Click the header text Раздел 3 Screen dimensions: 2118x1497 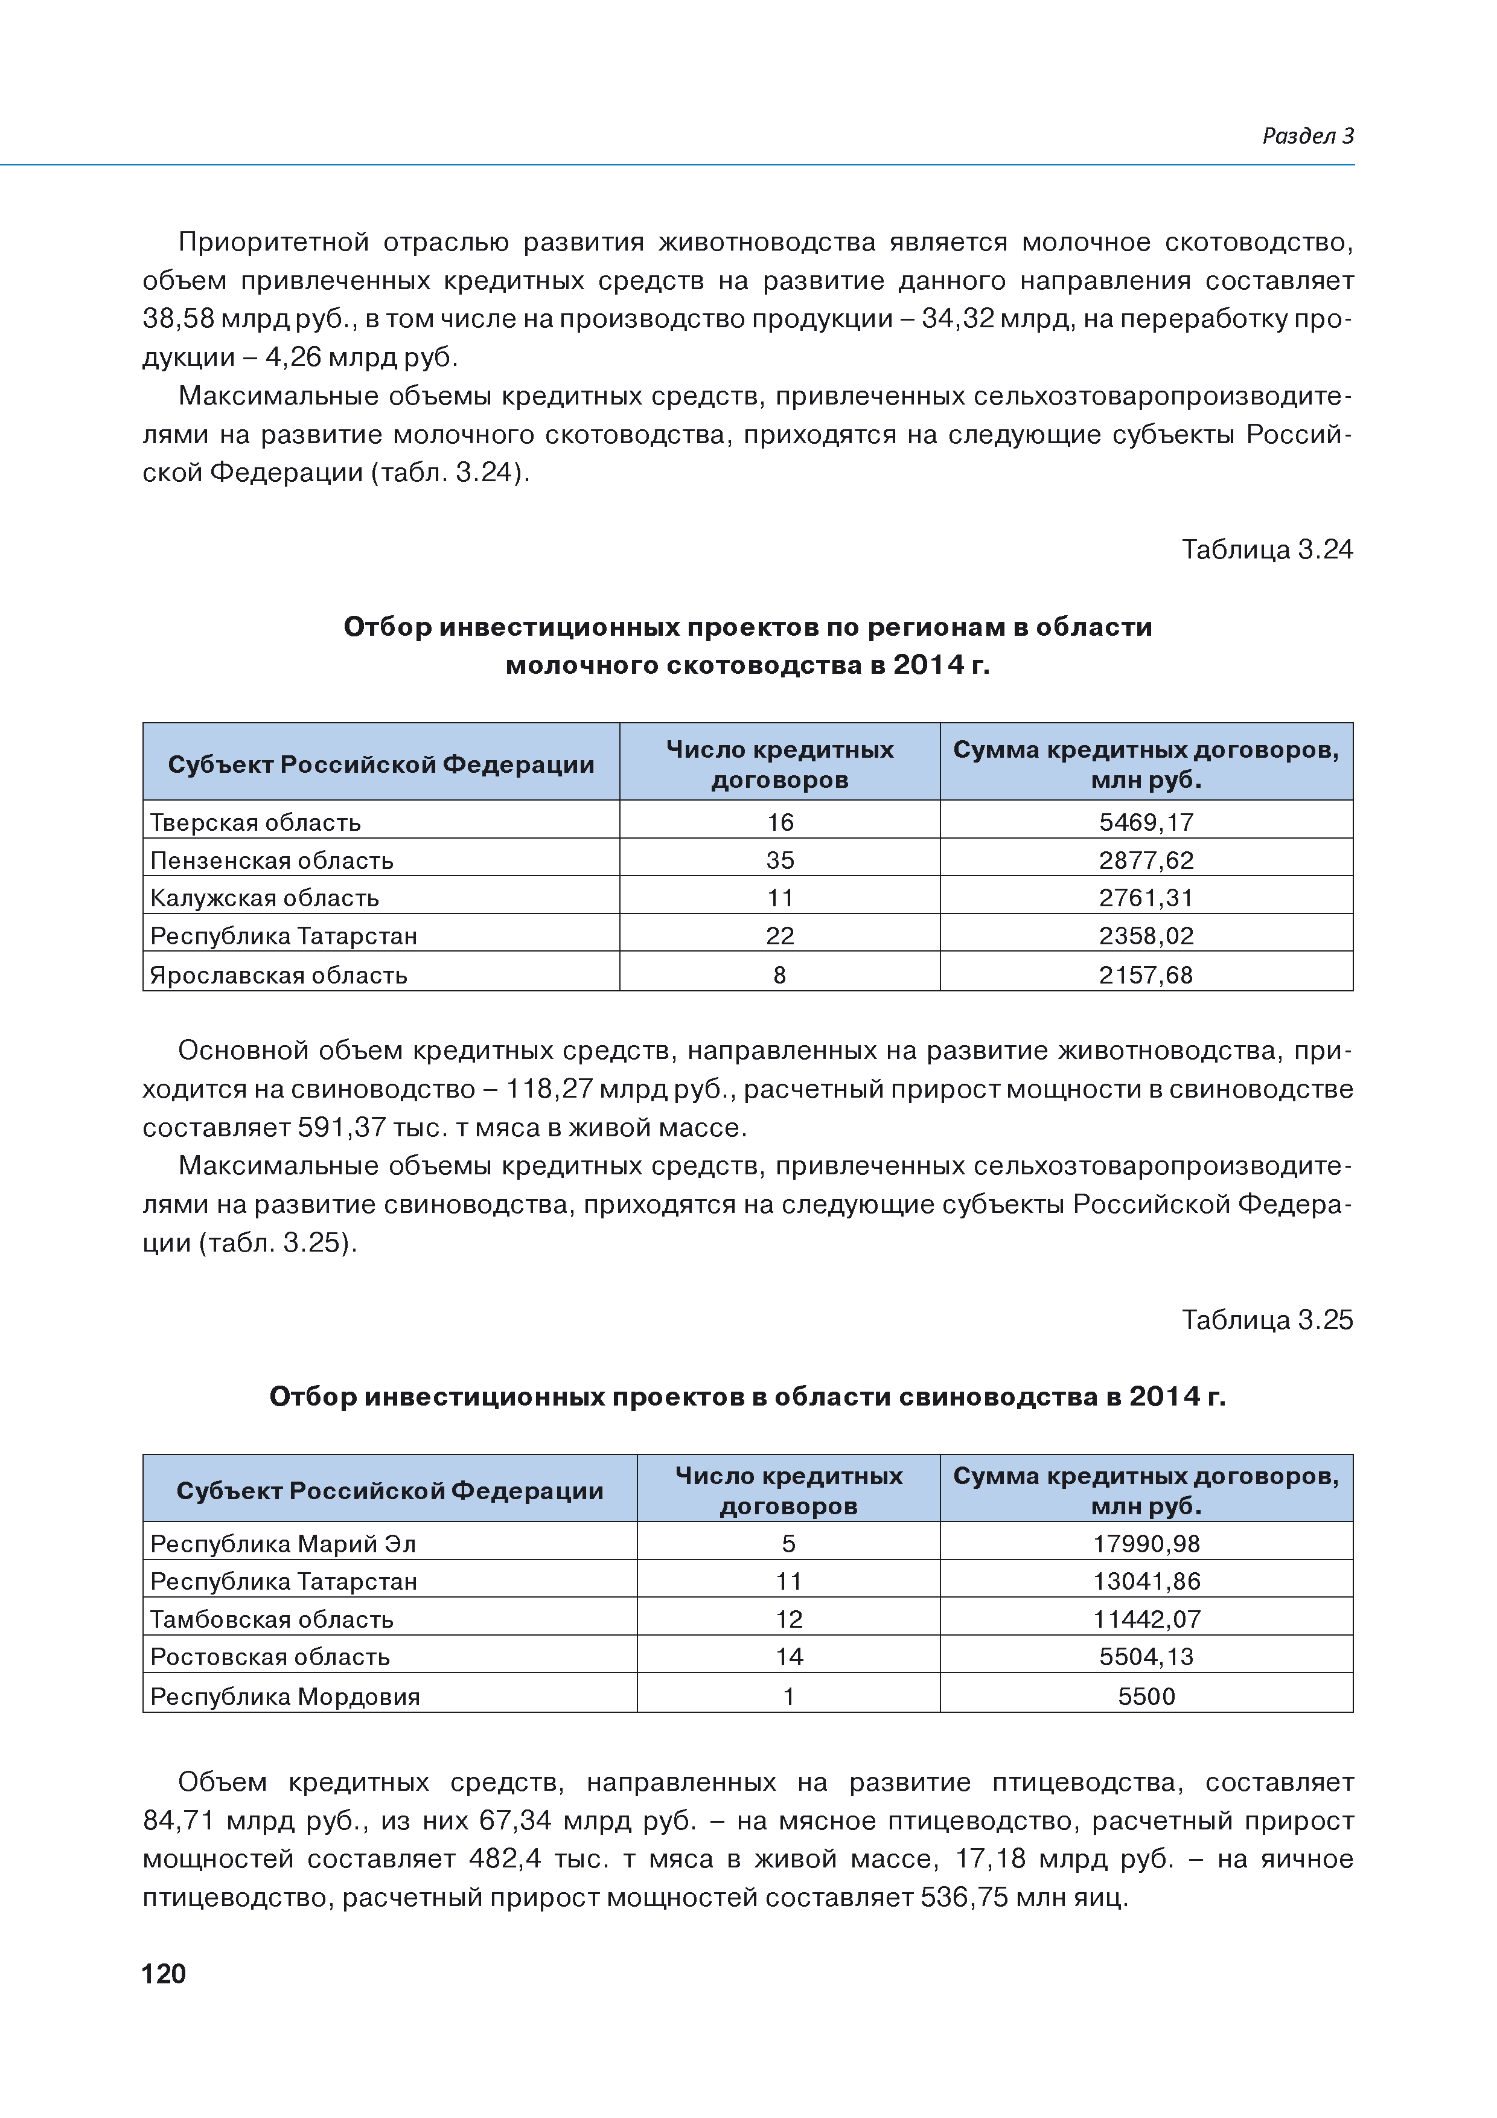coord(1307,136)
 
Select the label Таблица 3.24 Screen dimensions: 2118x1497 coord(1266,550)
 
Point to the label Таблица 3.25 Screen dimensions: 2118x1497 coord(1266,1320)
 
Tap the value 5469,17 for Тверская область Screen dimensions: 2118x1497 coord(1146,822)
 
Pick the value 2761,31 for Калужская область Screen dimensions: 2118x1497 coord(1146,898)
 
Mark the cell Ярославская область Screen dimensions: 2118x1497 coord(278,975)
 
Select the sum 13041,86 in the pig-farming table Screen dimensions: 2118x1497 coord(1146,1581)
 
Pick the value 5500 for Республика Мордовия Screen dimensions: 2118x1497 coord(1146,1697)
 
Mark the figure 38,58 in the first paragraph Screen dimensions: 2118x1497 coord(178,318)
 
